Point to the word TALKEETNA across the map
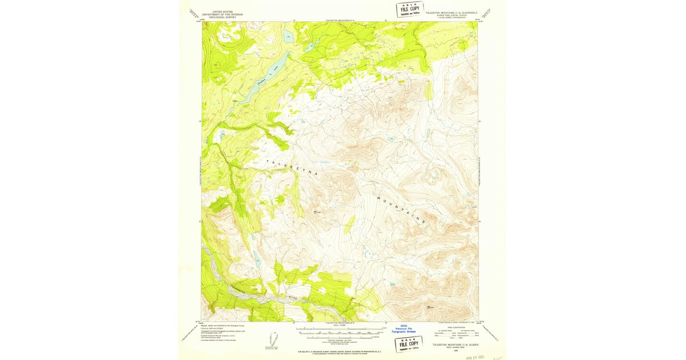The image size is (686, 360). [288, 166]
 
